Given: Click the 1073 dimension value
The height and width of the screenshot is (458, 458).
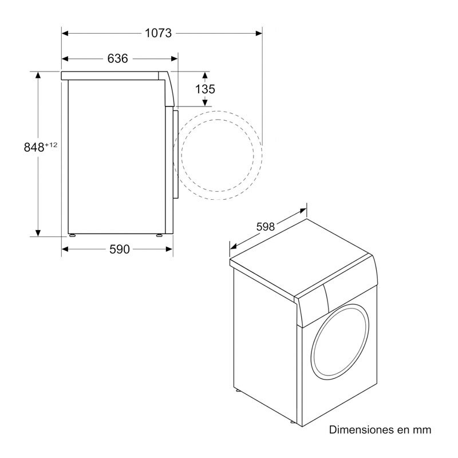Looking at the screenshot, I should coord(158,33).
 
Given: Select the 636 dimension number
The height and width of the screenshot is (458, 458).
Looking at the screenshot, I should coord(117,58).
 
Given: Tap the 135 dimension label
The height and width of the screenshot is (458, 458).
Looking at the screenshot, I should coord(205,89).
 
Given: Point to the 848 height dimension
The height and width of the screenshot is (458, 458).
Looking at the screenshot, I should coord(34,147).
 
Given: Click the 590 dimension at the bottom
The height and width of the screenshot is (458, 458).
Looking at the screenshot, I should coord(117,248).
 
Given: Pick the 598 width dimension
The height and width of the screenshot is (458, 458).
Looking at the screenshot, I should coord(266,227).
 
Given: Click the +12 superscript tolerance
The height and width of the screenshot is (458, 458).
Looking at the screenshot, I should coord(52,144).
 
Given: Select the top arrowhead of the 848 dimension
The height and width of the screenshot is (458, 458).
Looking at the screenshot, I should coord(38,75).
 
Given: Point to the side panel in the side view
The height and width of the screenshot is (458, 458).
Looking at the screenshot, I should coord(114,155).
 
